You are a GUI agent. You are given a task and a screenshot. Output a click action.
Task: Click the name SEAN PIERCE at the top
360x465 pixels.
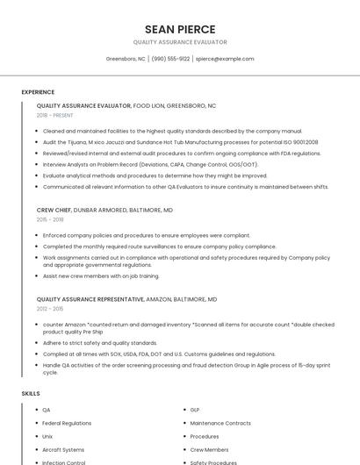click(180, 29)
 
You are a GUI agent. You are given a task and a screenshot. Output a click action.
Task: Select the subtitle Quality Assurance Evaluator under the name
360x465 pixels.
click(180, 42)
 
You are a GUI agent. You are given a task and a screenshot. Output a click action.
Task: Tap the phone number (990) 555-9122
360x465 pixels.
click(170, 59)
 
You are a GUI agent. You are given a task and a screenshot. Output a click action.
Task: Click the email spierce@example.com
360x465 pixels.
click(225, 59)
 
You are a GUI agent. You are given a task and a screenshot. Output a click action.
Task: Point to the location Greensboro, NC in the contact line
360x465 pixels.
click(126, 59)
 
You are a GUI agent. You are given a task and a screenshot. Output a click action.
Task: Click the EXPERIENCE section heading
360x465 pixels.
click(38, 92)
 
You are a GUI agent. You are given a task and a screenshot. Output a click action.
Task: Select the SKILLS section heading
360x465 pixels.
click(31, 394)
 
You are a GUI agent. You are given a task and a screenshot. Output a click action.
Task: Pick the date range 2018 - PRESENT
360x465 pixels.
click(55, 115)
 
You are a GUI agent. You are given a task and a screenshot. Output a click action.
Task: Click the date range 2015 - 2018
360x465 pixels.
click(51, 219)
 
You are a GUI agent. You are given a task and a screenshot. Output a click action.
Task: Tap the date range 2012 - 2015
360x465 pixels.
click(51, 309)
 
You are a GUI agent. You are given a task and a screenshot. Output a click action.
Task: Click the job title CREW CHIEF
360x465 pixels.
click(54, 211)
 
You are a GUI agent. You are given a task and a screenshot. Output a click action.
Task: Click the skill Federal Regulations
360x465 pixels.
click(67, 423)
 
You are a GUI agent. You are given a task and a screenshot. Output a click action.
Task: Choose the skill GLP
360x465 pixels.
click(195, 410)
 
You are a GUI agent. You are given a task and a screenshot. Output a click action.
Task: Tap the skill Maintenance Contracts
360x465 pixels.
click(220, 423)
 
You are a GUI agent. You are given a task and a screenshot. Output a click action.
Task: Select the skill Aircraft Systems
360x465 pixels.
click(63, 449)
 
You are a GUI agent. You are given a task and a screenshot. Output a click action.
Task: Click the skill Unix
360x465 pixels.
click(47, 436)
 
